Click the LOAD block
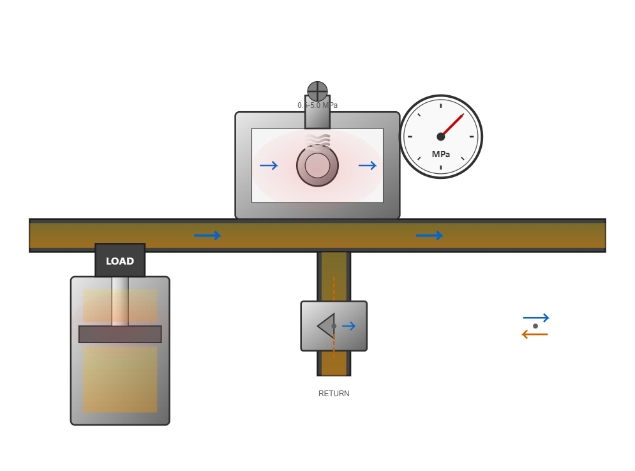(120, 261)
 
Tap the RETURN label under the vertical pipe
(334, 394)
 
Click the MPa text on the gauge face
(441, 155)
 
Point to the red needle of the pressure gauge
(452, 125)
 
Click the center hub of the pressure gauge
(441, 136)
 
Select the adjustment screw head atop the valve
(317, 91)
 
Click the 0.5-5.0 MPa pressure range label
(317, 105)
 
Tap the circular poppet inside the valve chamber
(317, 166)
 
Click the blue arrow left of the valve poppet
(269, 166)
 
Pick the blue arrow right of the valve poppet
(368, 166)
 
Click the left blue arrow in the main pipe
(207, 235)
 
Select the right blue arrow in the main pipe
(430, 235)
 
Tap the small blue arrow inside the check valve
(349, 326)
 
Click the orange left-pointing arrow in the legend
(535, 334)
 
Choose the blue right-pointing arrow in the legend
(536, 318)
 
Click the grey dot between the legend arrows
(535, 326)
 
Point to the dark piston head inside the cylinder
(120, 334)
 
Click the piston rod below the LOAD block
(120, 301)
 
